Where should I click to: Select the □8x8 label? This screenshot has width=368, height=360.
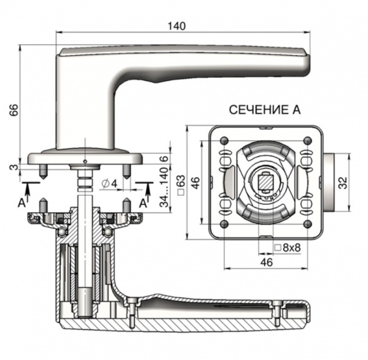point(286,248)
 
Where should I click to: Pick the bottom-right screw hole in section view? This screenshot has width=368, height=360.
point(305,223)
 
